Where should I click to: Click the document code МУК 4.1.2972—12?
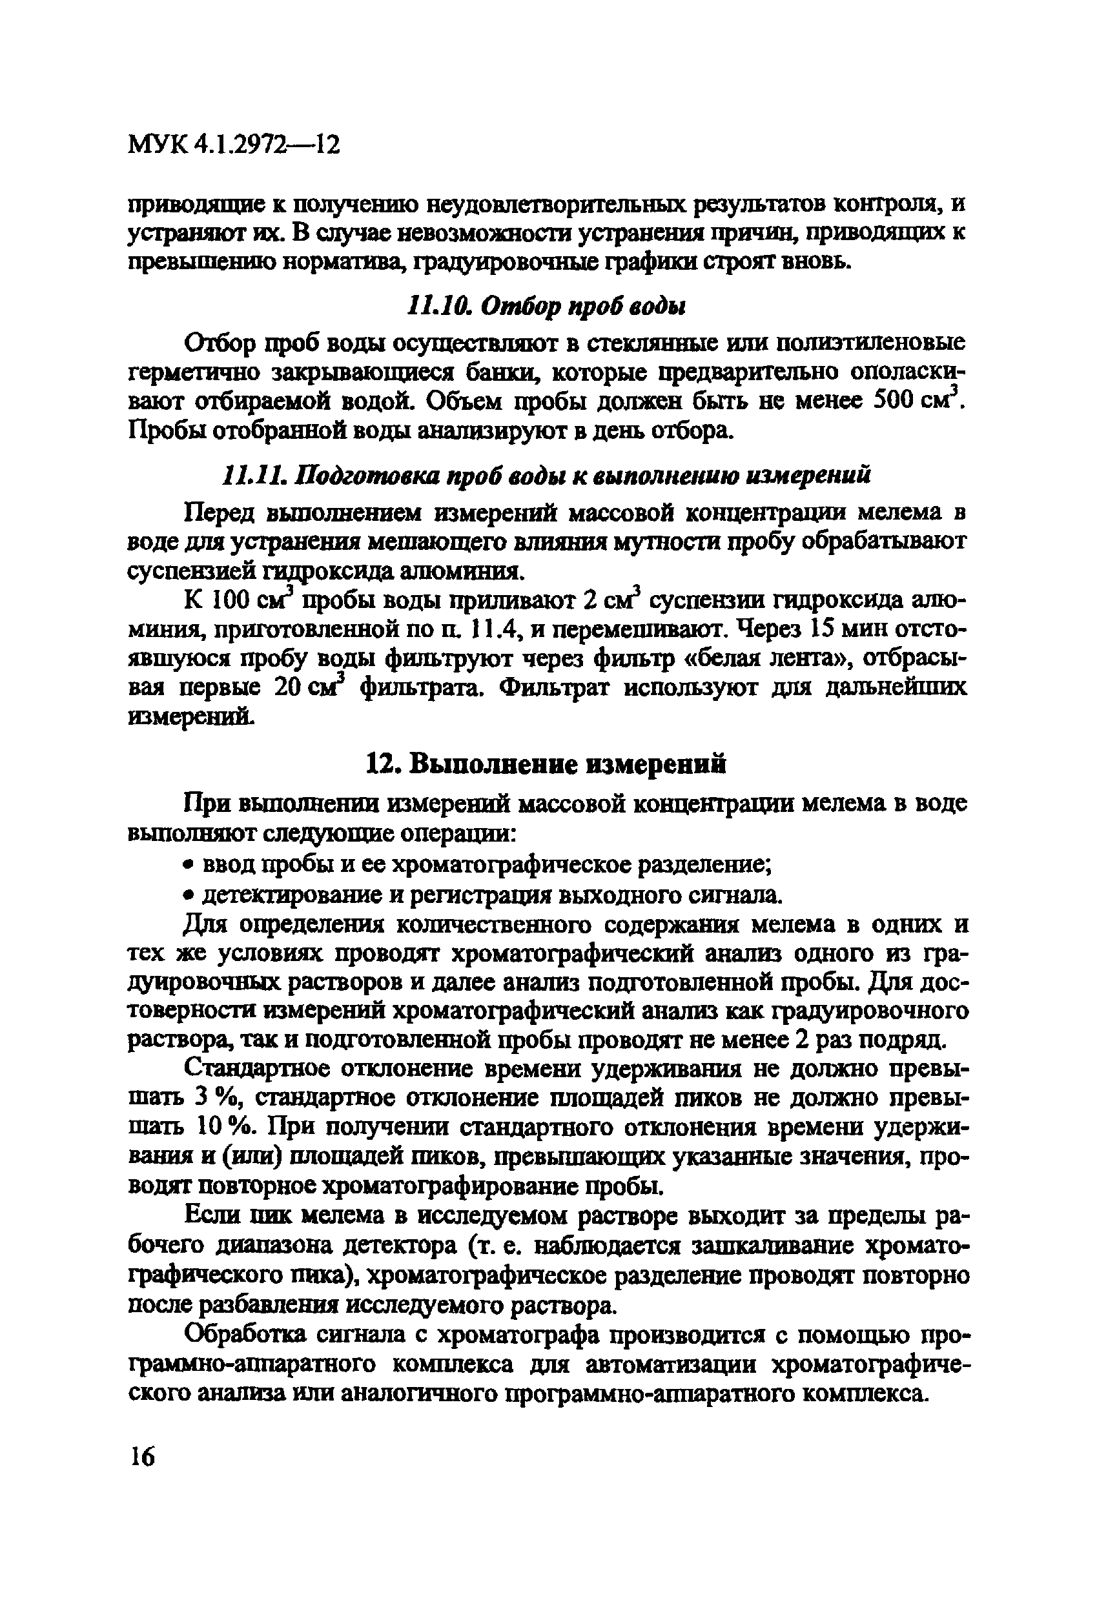point(234,145)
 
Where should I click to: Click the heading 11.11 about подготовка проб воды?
point(547,475)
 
